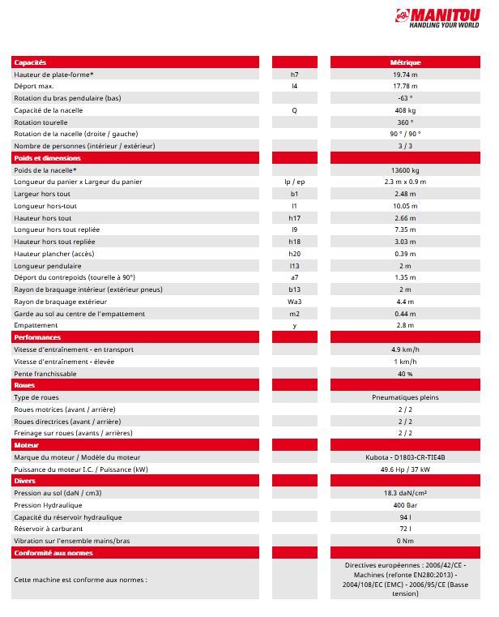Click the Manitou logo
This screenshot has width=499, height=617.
[x=443, y=18]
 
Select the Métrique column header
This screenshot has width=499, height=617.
[x=405, y=62]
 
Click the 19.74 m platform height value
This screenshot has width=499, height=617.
[x=405, y=75]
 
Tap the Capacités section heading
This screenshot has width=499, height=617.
[x=31, y=62]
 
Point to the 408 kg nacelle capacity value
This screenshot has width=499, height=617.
[x=405, y=110]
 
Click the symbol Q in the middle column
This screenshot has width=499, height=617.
[x=294, y=110]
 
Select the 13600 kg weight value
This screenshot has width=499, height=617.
[x=405, y=170]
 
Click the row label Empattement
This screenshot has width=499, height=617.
[x=36, y=325]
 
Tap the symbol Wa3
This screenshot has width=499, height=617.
[x=294, y=302]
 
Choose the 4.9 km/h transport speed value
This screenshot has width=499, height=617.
[x=405, y=349]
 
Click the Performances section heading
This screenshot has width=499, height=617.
[x=37, y=337]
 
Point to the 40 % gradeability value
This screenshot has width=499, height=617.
[x=405, y=374]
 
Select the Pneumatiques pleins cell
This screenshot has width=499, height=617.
[x=405, y=398]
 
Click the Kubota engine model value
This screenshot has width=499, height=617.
[x=405, y=457]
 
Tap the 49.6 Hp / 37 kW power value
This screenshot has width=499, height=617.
[x=405, y=469]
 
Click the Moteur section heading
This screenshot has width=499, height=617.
[x=27, y=445]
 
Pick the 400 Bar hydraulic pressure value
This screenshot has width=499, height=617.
[x=405, y=505]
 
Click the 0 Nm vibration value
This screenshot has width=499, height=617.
[x=405, y=541]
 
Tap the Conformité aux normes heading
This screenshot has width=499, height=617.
[x=53, y=553]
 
